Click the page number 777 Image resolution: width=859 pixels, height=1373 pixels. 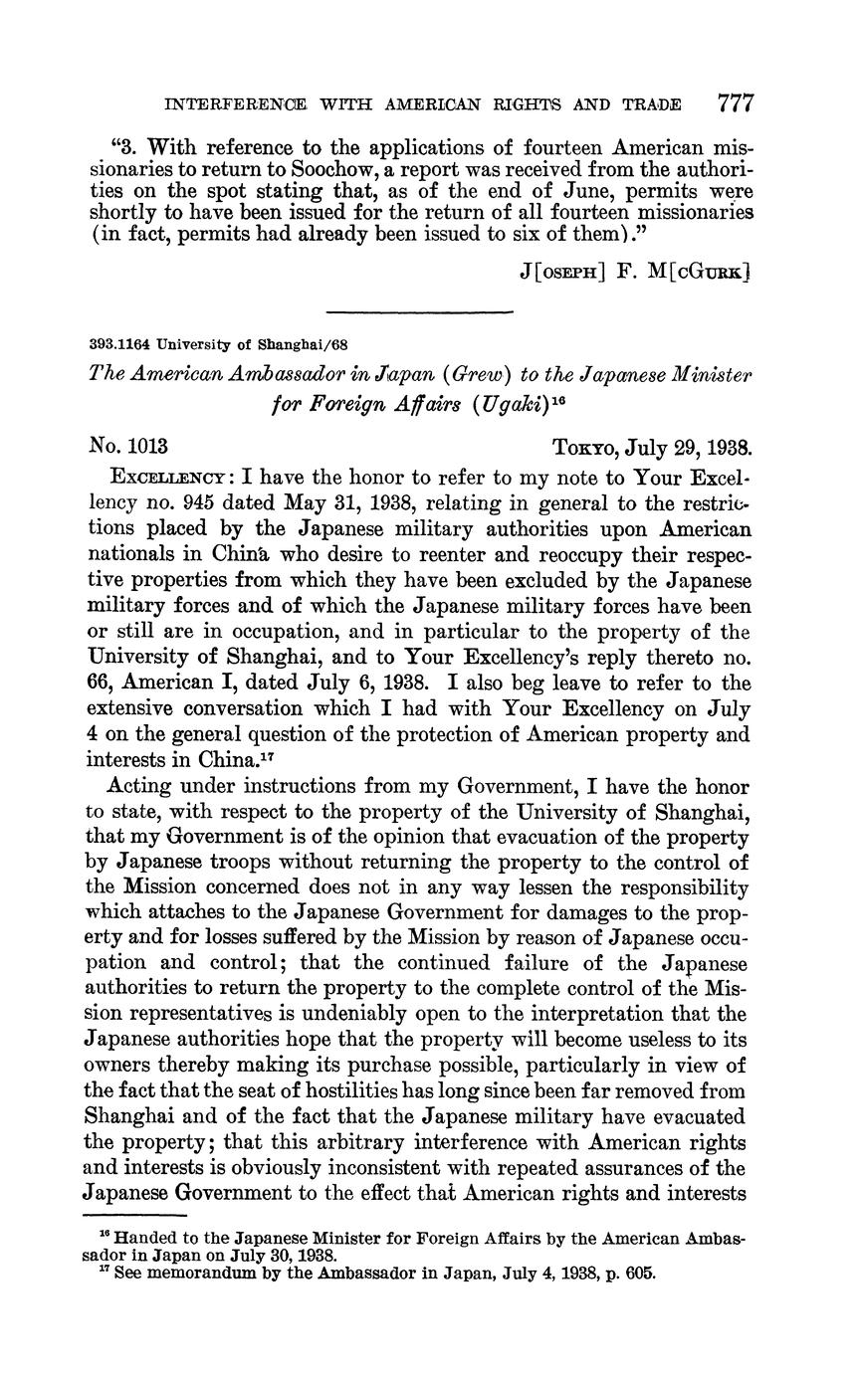[735, 103]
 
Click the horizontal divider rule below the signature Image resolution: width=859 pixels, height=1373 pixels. [419, 313]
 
